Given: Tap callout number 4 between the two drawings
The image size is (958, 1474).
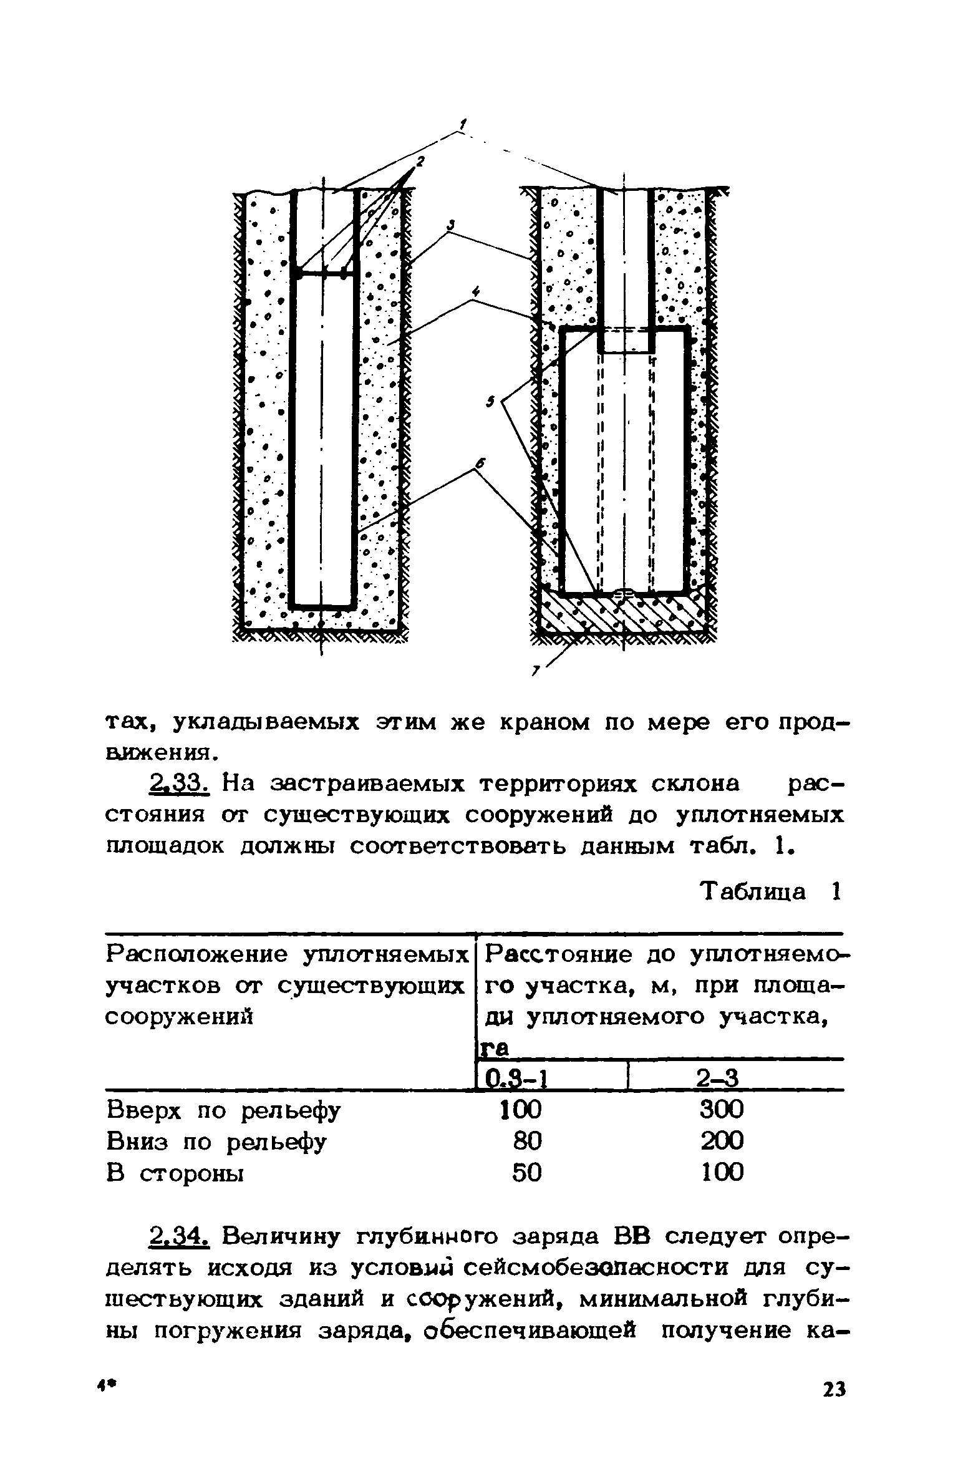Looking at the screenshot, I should click(x=476, y=291).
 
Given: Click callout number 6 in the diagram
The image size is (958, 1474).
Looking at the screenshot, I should click(x=480, y=462).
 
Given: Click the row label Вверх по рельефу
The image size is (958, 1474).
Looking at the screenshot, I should click(x=224, y=1111).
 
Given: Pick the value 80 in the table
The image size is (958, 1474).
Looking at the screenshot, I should click(x=527, y=1142).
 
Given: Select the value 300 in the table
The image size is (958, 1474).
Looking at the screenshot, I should click(x=722, y=1110).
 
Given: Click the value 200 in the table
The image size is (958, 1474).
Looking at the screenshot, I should click(x=722, y=1142).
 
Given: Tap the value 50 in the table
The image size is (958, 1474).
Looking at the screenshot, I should click(x=527, y=1173).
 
